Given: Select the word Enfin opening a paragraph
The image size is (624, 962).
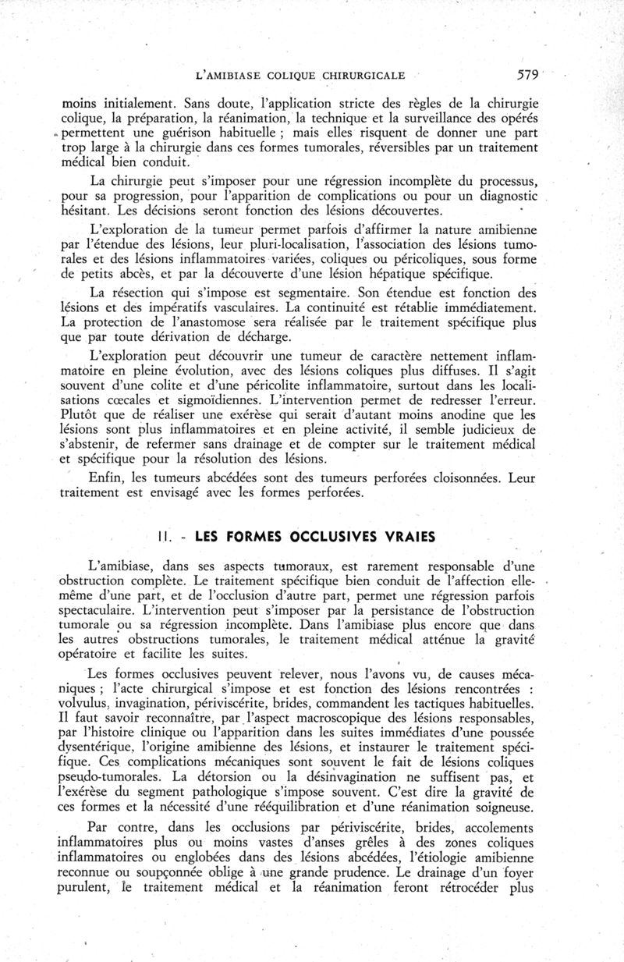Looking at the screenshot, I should pos(112,477).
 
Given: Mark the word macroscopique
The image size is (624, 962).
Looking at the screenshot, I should pos(307,719).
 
